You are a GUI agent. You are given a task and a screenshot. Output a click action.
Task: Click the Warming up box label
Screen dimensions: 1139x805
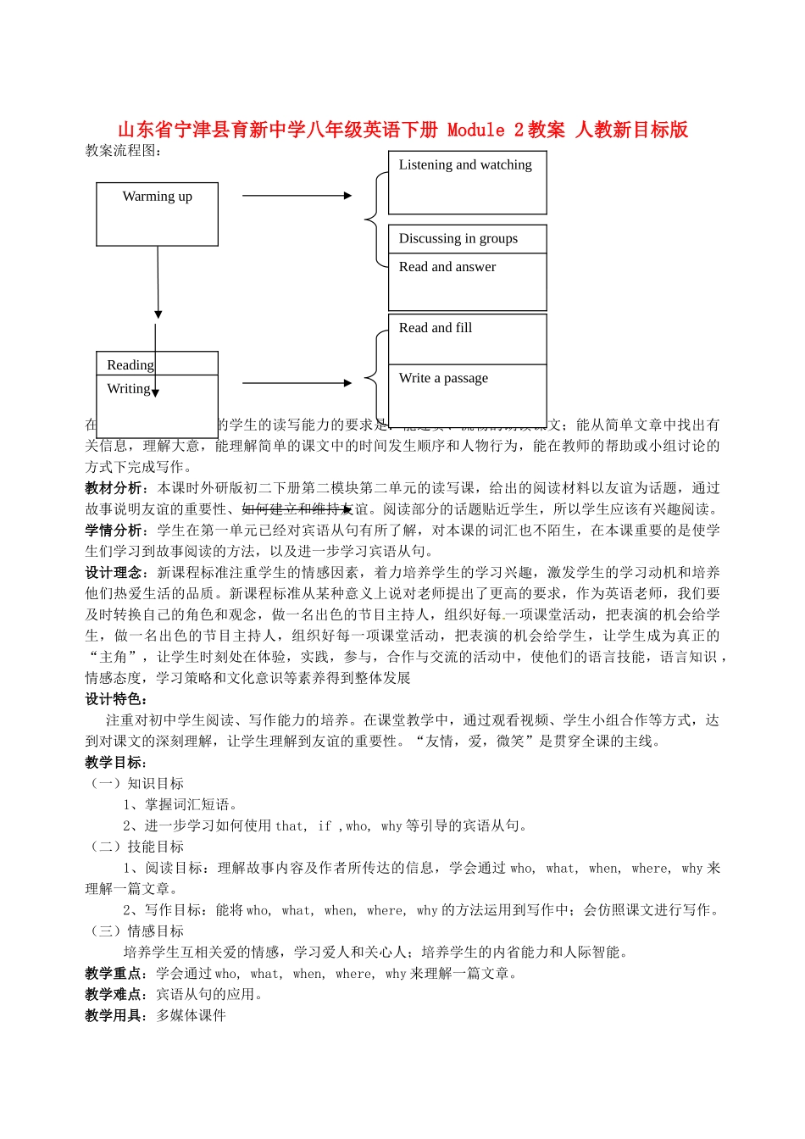[x=157, y=197]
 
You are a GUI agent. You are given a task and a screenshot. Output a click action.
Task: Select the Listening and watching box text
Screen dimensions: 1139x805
[x=465, y=165]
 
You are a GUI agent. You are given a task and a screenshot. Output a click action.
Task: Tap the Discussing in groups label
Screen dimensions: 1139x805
[x=458, y=239]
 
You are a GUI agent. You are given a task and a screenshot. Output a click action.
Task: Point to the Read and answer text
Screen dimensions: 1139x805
[x=447, y=267]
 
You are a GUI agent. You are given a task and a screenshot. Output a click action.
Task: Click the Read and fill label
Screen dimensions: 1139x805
[x=435, y=328]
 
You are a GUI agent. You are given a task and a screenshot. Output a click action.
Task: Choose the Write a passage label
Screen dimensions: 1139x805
[x=443, y=378]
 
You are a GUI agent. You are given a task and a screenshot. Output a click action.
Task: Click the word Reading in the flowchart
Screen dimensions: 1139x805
[x=130, y=365]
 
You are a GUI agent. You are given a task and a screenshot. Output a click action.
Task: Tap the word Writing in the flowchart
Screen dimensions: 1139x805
[x=128, y=389]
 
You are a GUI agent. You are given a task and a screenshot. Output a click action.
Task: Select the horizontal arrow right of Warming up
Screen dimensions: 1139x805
[x=297, y=196]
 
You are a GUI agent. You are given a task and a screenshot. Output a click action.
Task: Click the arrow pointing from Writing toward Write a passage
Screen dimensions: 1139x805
[x=297, y=383]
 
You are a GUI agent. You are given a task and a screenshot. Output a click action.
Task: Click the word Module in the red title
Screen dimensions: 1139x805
[x=475, y=130]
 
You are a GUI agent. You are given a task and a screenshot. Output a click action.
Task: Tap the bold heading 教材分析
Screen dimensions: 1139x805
[x=114, y=488]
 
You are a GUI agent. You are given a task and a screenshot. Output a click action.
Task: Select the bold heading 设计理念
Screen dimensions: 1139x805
[x=114, y=573]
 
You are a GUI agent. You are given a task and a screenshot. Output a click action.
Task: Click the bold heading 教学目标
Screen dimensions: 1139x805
[x=114, y=763]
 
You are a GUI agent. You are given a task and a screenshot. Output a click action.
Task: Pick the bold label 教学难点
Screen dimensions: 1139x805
[x=114, y=995]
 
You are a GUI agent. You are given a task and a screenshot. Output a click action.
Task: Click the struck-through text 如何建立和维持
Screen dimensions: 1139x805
[x=291, y=509]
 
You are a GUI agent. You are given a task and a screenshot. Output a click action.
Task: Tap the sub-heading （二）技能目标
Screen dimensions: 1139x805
[x=135, y=847]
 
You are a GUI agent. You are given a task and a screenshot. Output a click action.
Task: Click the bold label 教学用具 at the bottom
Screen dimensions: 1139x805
[x=114, y=1016]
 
